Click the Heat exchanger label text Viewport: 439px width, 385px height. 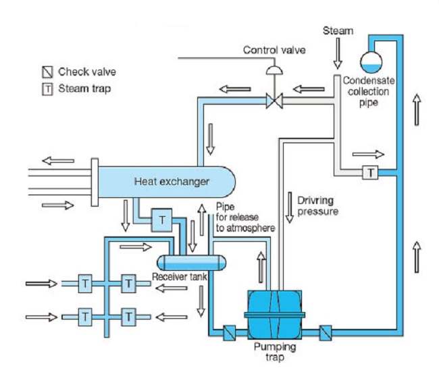172,181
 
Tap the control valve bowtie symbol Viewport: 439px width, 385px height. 274,102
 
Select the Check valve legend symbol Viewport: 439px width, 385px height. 47,71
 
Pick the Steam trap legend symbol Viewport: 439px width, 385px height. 47,88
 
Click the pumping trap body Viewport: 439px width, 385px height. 276,315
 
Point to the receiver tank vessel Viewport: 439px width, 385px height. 188,262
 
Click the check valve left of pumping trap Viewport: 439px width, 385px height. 230,332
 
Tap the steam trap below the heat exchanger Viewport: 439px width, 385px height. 163,219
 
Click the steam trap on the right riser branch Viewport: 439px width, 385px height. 370,173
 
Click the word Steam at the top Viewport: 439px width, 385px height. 338,30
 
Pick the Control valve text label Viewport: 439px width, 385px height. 274,49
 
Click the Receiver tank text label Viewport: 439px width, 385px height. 179,278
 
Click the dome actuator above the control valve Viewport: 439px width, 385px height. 274,71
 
